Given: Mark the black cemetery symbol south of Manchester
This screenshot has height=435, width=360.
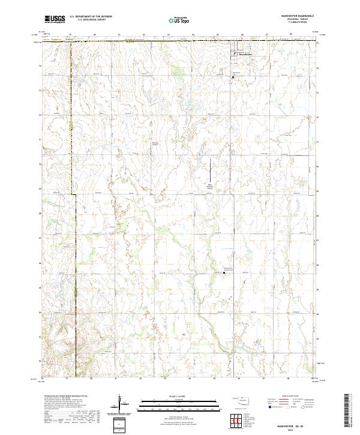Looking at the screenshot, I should [233, 76].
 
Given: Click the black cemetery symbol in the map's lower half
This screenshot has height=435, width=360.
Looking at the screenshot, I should [224, 272].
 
